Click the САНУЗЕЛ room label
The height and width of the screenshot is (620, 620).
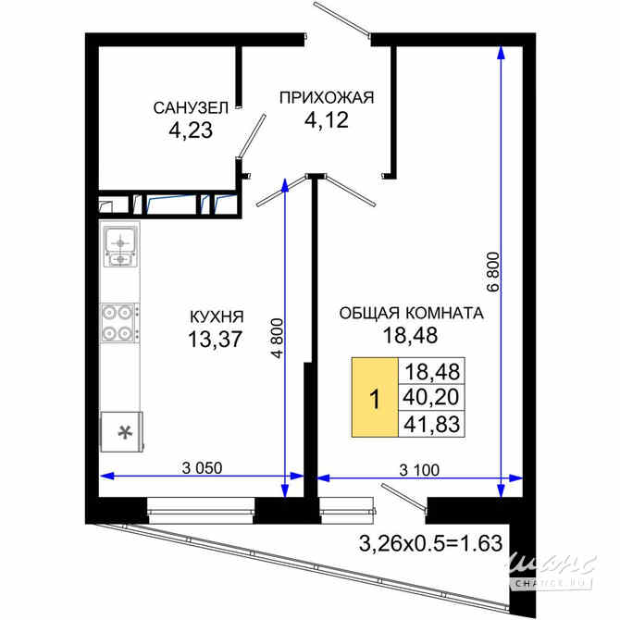191,108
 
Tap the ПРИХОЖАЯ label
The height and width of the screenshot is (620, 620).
327,97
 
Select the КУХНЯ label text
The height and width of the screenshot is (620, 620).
217,316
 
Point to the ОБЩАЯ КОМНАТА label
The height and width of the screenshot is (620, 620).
411,313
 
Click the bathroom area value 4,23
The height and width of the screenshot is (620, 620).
191,130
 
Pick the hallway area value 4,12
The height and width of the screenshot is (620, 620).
327,119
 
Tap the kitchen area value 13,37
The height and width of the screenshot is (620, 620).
215,340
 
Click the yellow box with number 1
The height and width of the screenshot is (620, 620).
375,397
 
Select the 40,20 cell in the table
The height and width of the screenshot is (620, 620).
431,397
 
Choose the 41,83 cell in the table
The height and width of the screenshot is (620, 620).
431,424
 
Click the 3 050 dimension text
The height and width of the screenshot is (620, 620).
202,468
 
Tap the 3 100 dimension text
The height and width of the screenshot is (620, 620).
419,470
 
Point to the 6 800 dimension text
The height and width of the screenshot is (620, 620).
494,272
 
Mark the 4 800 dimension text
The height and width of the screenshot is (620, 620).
278,338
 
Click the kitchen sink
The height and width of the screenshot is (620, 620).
120,245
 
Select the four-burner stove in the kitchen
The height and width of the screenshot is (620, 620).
119,323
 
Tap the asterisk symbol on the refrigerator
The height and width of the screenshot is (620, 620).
126,432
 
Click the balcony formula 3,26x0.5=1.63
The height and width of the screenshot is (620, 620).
430,543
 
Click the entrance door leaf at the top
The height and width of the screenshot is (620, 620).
341,19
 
